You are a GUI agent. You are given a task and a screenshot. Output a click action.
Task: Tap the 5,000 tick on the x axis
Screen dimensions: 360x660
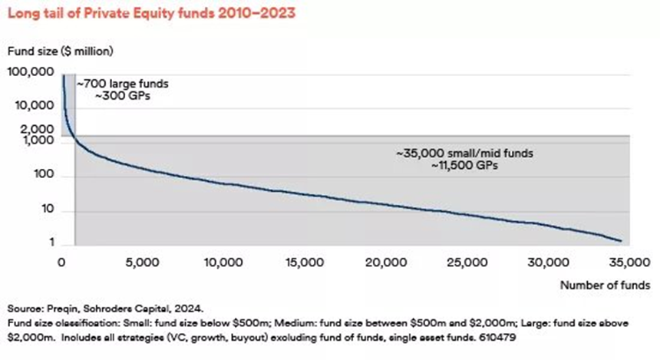coord(140,262)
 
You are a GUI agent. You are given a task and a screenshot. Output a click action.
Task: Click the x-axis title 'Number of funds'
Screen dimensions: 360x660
coord(606,285)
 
